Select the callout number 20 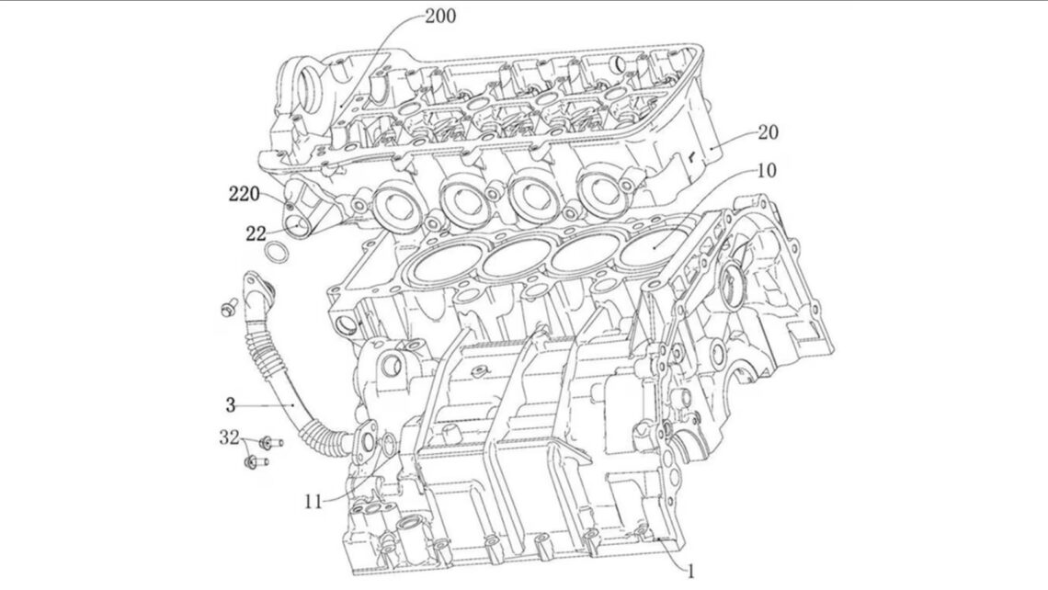pos(767,132)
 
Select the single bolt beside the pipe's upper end pos(229,306)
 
